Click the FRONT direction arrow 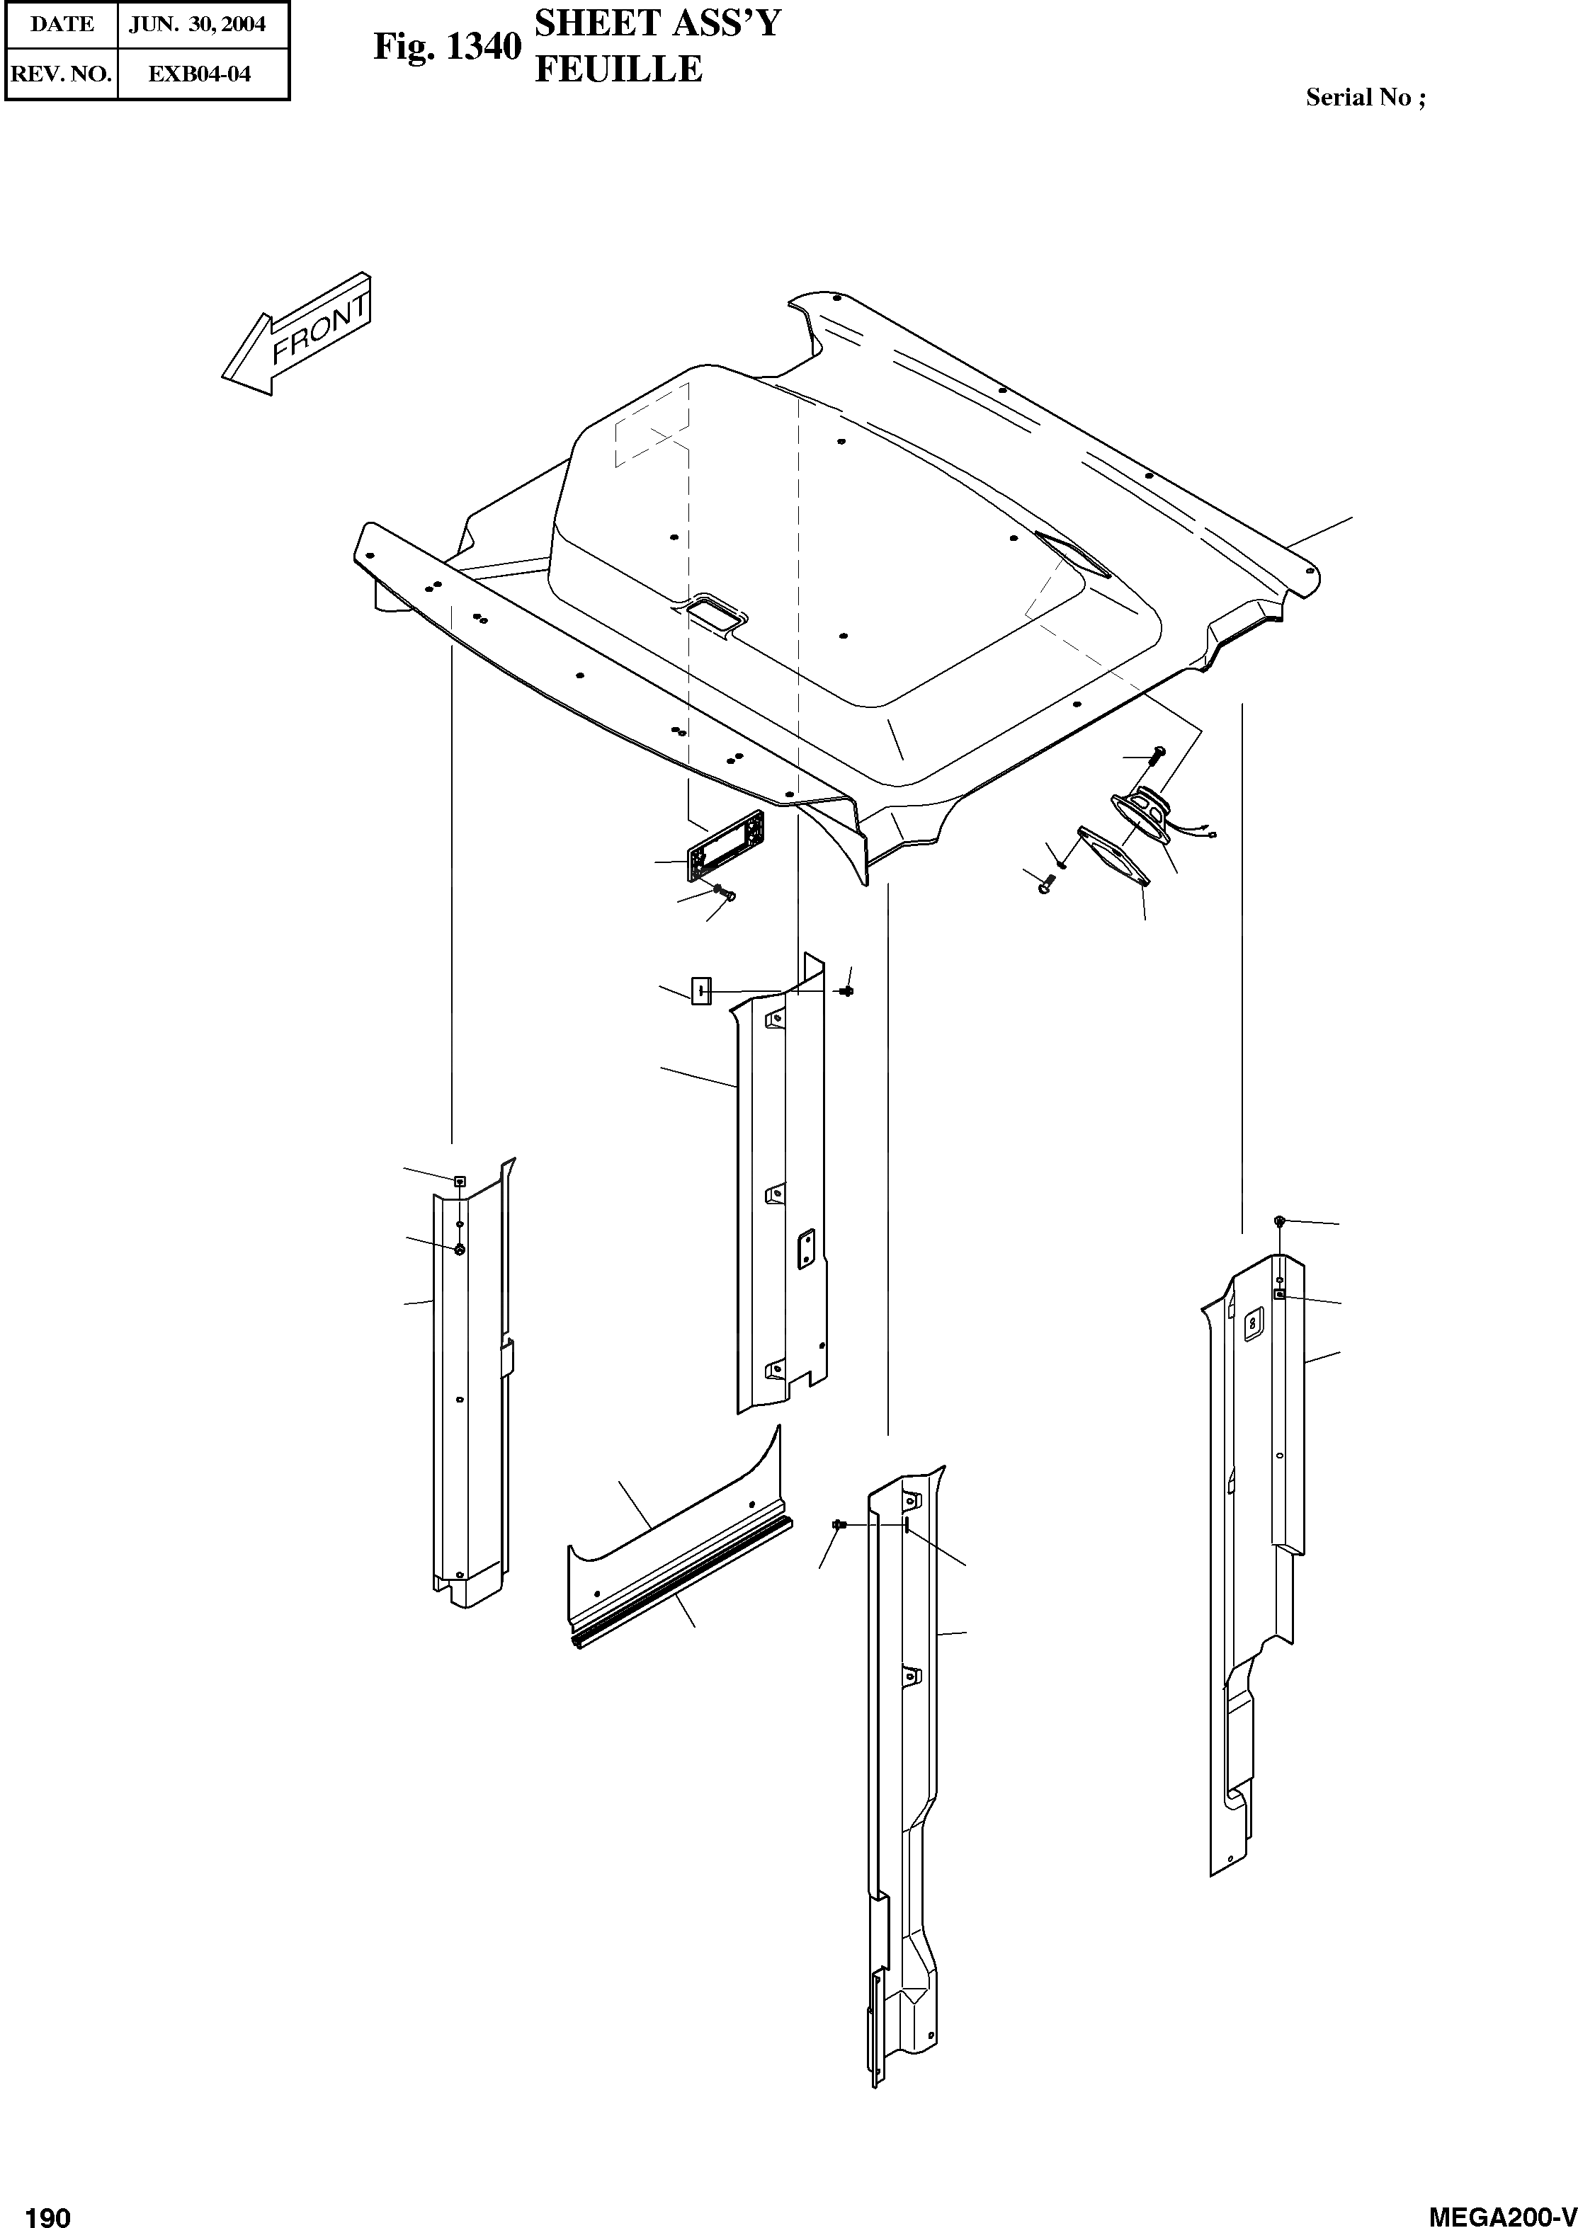[x=296, y=335]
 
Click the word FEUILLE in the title [x=618, y=69]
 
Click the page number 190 [x=47, y=2213]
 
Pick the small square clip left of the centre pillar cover [x=700, y=992]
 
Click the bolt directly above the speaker [x=1154, y=754]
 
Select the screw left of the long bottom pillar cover [x=838, y=1526]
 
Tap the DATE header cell [x=61, y=24]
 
